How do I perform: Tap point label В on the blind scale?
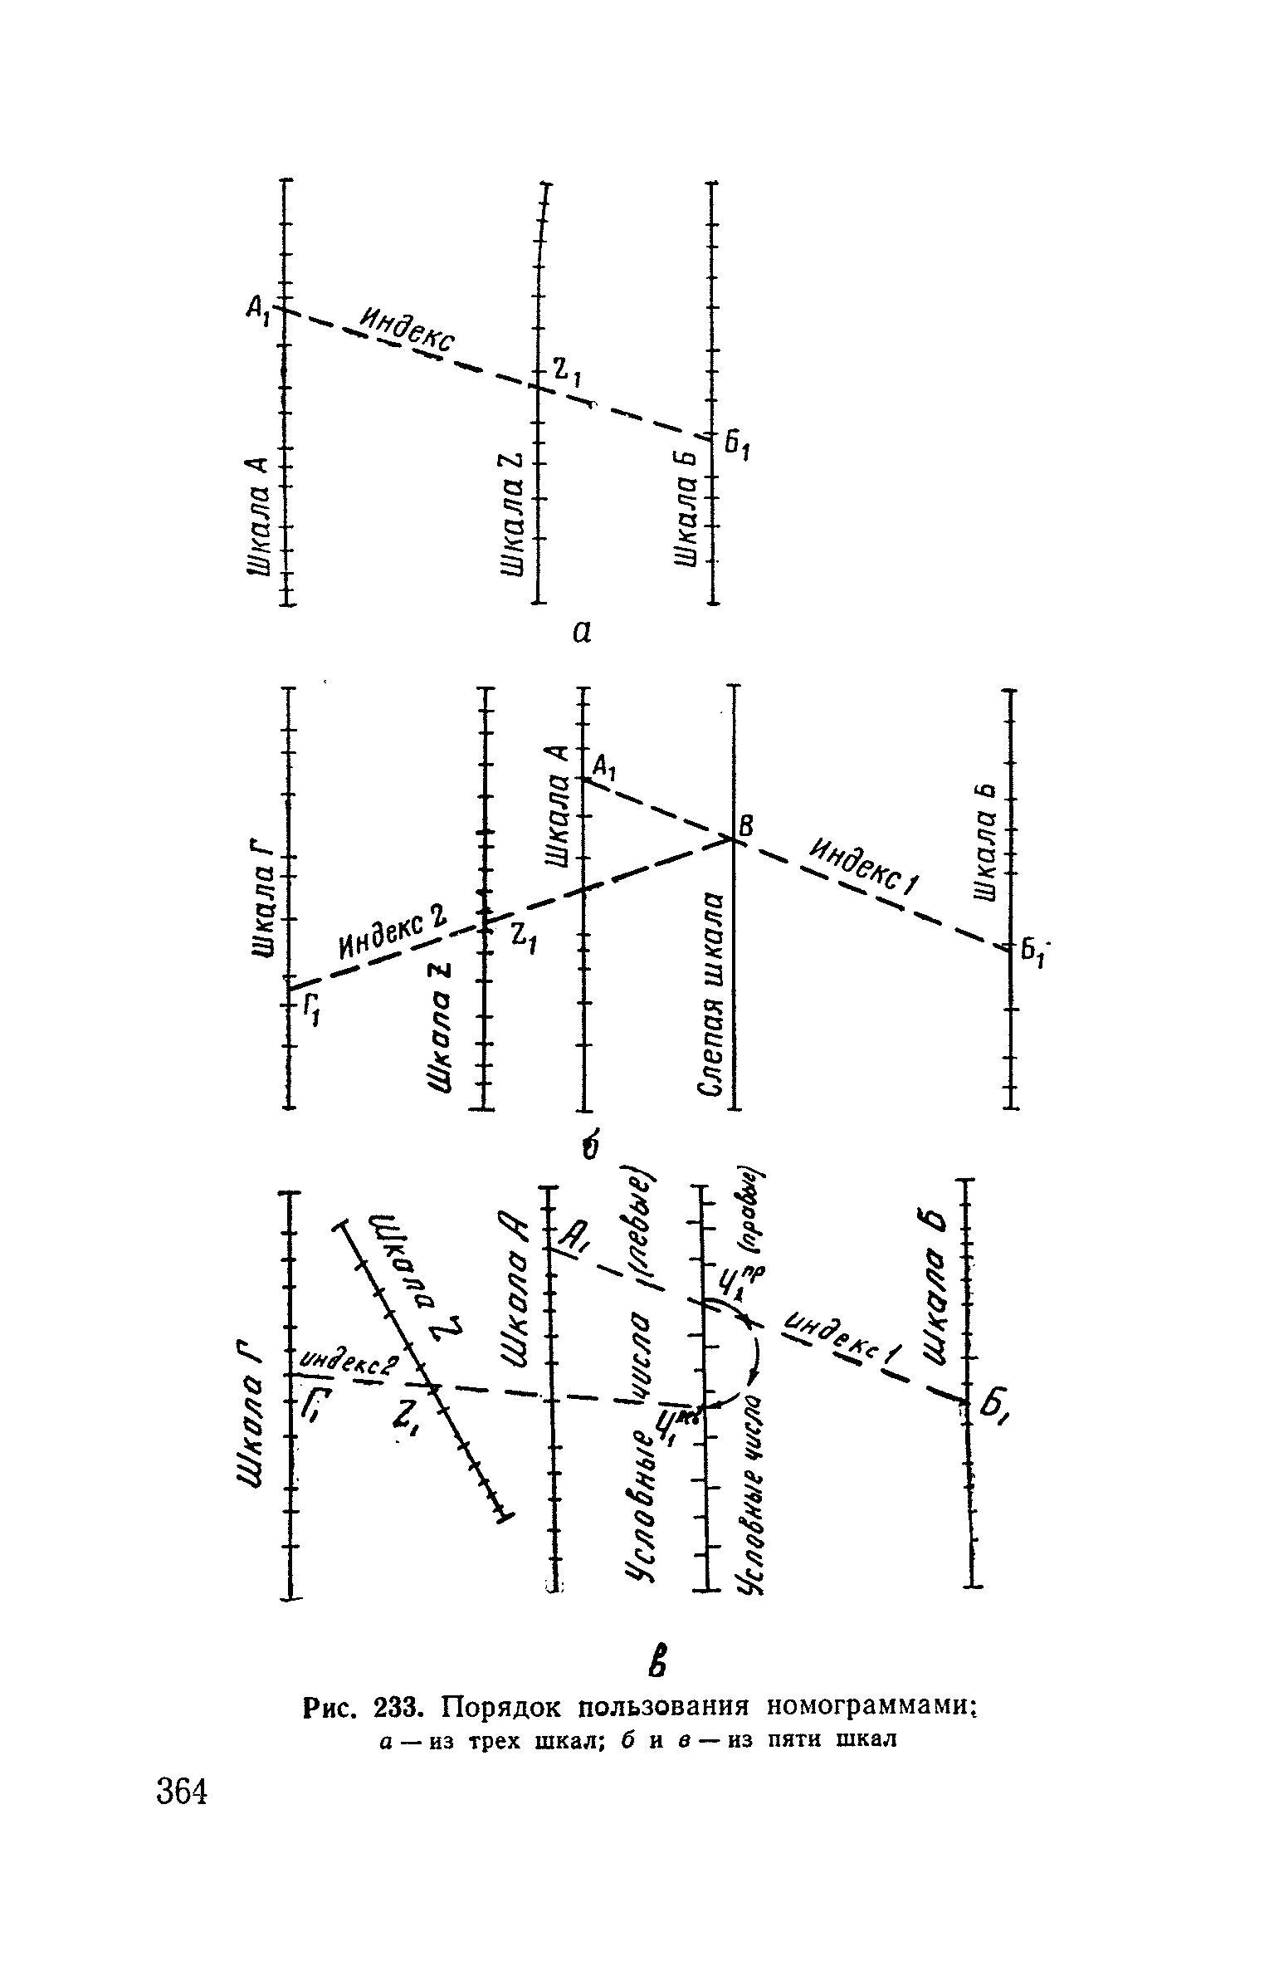pyautogui.click(x=746, y=826)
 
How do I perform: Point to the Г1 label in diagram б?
pyautogui.click(x=310, y=1013)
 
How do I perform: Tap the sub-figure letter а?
pyautogui.click(x=582, y=633)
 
